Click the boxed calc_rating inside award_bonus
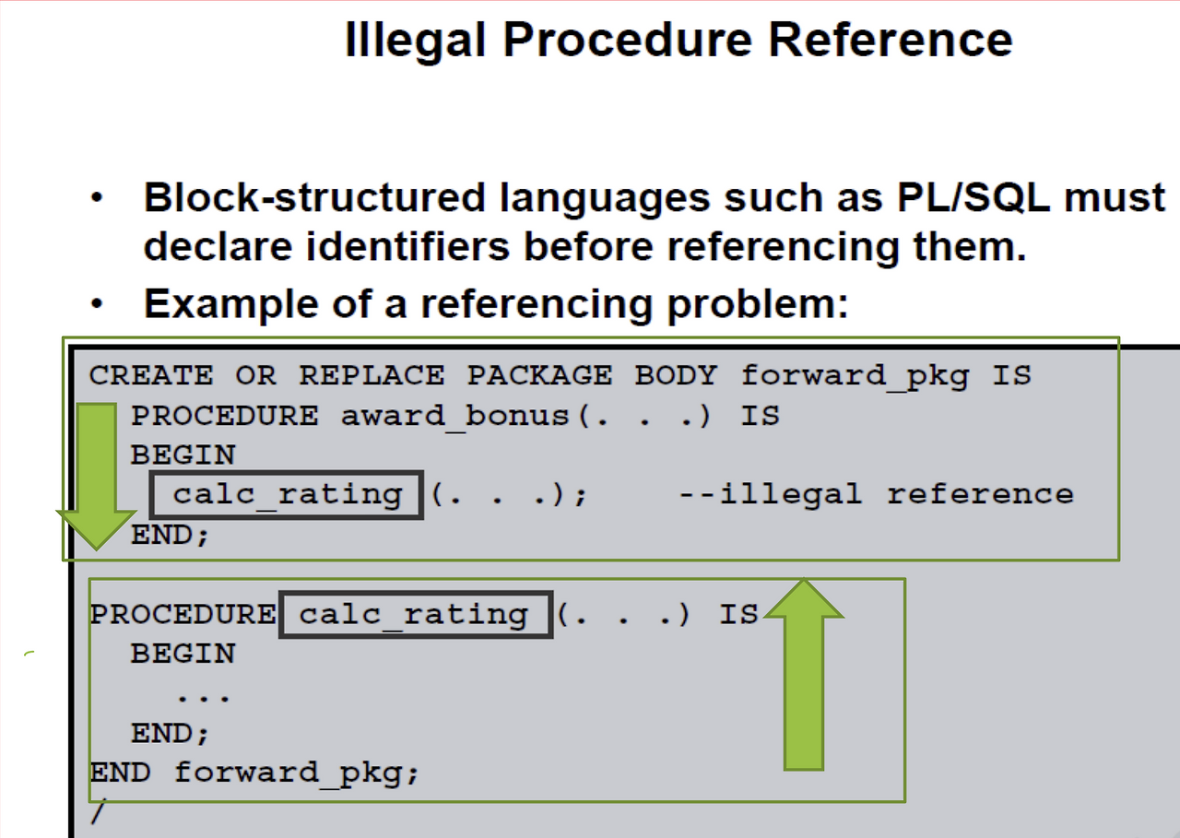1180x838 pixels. tap(288, 495)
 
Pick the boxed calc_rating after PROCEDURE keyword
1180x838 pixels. tap(415, 615)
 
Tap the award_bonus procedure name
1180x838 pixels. tap(457, 416)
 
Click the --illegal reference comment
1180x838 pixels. tap(876, 495)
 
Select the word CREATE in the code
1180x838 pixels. tap(151, 375)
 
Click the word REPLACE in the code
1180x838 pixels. tap(372, 375)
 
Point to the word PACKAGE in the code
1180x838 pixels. tap(538, 375)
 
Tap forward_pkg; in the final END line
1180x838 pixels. tap(297, 773)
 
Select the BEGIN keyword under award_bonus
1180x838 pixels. tap(183, 455)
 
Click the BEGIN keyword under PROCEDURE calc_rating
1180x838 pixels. tap(183, 654)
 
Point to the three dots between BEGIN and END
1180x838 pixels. tap(203, 696)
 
